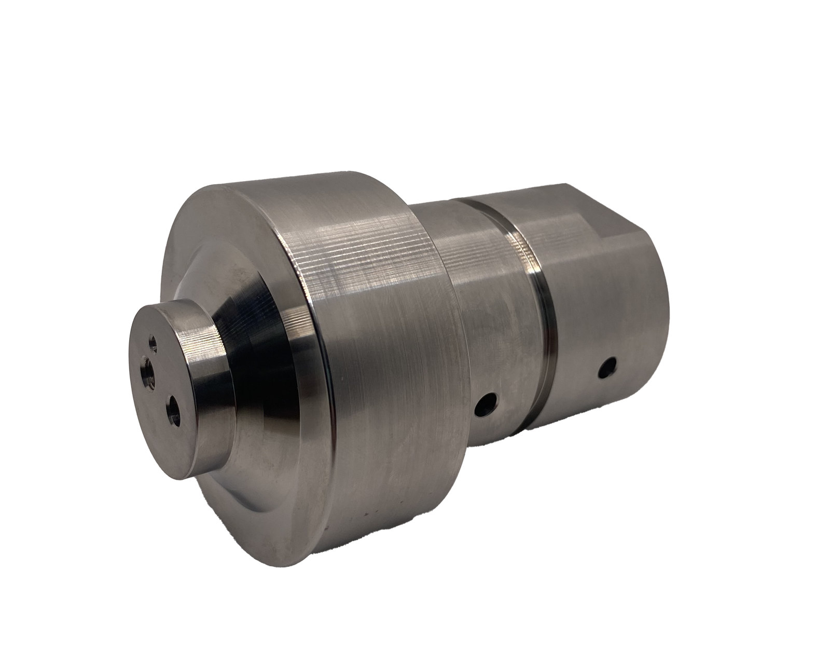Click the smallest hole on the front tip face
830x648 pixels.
tap(153, 342)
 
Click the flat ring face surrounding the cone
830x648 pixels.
tap(218, 249)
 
